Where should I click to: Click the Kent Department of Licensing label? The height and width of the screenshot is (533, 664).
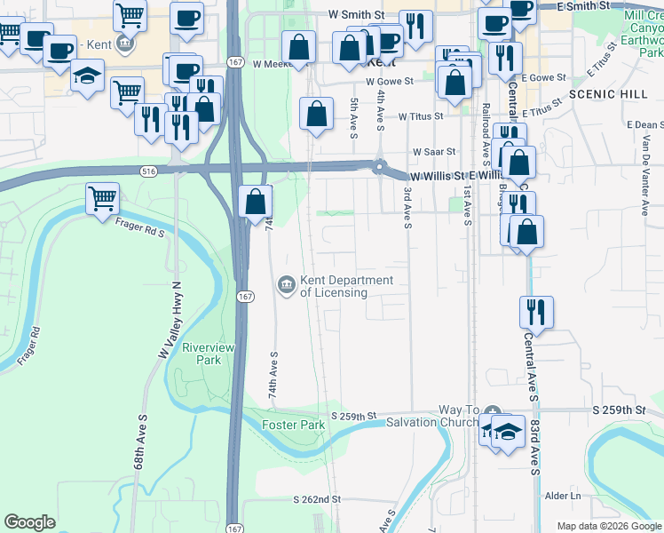click(x=346, y=286)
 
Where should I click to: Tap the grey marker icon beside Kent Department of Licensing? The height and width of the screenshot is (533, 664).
click(x=287, y=284)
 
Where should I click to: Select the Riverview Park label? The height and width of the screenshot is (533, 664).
click(x=202, y=354)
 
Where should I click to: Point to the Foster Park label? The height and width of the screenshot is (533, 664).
click(x=293, y=425)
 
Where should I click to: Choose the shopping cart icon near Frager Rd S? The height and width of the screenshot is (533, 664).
click(x=103, y=199)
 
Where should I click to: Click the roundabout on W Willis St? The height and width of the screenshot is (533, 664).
click(x=381, y=167)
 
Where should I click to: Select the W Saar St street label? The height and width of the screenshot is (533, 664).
click(x=431, y=151)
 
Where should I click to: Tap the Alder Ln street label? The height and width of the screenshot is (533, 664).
click(x=563, y=495)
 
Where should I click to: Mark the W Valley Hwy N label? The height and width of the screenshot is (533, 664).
click(x=170, y=321)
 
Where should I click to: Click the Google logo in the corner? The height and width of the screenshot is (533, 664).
click(x=30, y=522)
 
